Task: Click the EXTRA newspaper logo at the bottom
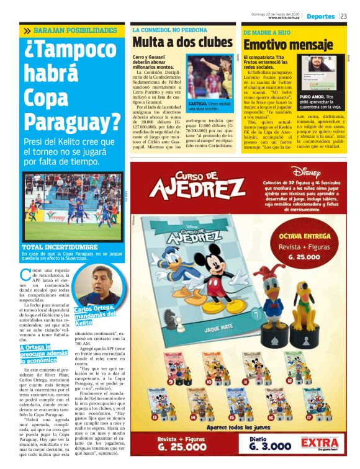(x=319, y=443)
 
